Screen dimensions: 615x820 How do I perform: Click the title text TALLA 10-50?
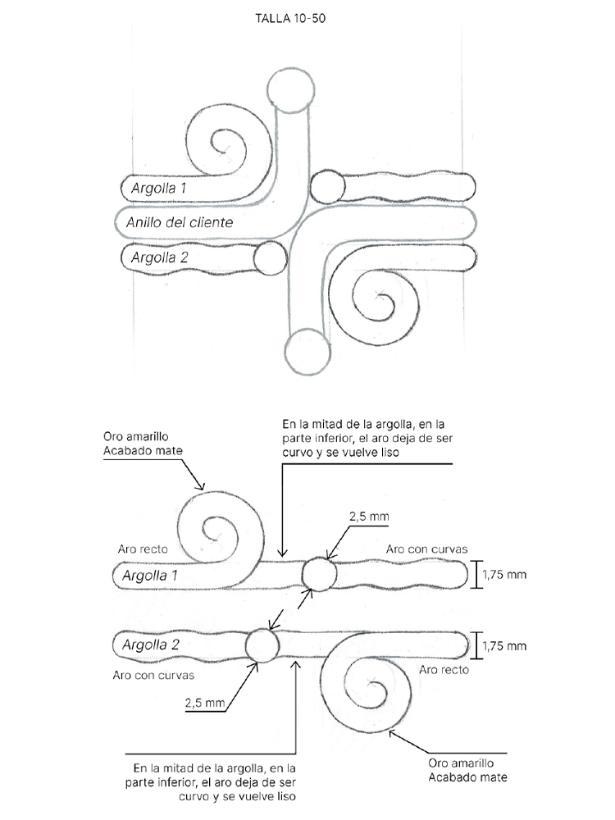pyautogui.click(x=290, y=18)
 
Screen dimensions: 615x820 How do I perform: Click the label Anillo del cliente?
pyautogui.click(x=180, y=222)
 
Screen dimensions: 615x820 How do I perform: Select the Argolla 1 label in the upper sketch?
pyautogui.click(x=158, y=189)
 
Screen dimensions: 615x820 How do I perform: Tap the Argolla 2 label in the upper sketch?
pyautogui.click(x=160, y=257)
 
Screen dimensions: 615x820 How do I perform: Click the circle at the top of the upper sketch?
pyautogui.click(x=291, y=90)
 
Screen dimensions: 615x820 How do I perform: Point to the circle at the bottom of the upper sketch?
pyautogui.click(x=307, y=352)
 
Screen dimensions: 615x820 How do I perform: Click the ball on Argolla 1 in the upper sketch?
pyautogui.click(x=327, y=187)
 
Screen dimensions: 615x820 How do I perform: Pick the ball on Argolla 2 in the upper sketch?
pyautogui.click(x=271, y=258)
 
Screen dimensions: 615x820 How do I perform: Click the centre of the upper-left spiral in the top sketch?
pyautogui.click(x=224, y=151)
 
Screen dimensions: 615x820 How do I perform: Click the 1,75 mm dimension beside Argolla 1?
pyautogui.click(x=504, y=575)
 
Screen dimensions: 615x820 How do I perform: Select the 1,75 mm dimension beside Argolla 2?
pyautogui.click(x=504, y=646)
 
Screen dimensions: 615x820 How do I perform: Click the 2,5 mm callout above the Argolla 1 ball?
pyautogui.click(x=369, y=517)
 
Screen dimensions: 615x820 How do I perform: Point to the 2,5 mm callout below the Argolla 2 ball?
pyautogui.click(x=204, y=703)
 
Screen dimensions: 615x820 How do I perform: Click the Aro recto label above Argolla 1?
pyautogui.click(x=143, y=549)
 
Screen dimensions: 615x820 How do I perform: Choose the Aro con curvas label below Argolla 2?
pyautogui.click(x=153, y=675)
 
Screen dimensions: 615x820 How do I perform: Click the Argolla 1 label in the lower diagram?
pyautogui.click(x=149, y=576)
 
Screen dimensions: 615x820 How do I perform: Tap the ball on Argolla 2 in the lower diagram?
pyautogui.click(x=262, y=645)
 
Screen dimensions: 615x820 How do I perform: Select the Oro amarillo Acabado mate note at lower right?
pyautogui.click(x=467, y=770)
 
